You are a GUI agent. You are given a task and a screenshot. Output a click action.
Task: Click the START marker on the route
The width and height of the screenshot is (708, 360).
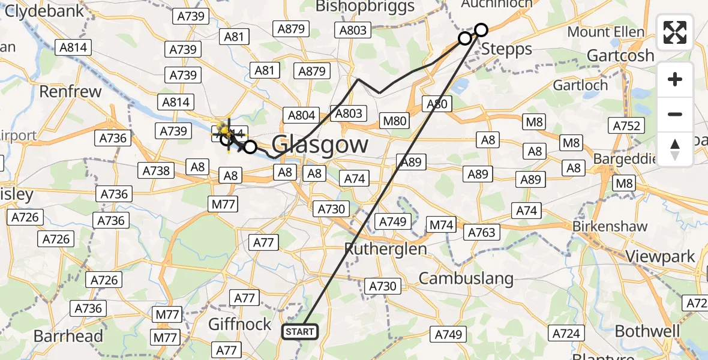pos(299,331)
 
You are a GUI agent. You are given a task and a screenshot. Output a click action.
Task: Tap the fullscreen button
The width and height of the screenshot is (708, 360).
pos(675,32)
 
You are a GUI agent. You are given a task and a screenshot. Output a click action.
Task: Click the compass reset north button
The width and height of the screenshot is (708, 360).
pos(675,149)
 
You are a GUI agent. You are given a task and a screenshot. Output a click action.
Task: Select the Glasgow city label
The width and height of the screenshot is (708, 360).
pos(320,145)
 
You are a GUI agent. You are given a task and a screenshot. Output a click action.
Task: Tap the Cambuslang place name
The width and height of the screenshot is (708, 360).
pos(466,278)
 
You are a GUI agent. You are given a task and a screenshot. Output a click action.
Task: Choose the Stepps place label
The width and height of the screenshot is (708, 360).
pos(507,49)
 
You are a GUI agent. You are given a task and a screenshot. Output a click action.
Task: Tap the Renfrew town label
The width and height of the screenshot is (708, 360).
pos(70,92)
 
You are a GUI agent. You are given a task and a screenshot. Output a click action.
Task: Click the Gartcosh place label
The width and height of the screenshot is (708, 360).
pos(620,56)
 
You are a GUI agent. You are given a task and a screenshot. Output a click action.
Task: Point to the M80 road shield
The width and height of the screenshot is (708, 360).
pos(395,121)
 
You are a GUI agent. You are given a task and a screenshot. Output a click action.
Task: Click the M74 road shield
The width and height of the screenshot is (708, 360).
pos(441,225)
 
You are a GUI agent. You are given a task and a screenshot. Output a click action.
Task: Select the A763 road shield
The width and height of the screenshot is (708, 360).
pos(482,232)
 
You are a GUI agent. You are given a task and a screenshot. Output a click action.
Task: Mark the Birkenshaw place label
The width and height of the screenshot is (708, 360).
pos(610,227)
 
